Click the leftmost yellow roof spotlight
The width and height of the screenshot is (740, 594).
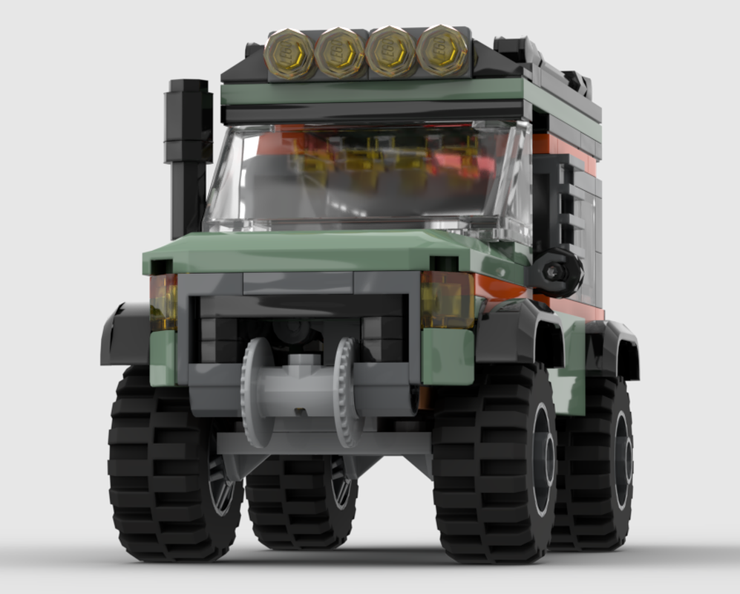point(289,54)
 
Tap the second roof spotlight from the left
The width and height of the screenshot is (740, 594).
point(339,53)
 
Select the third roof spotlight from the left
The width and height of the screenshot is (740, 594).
point(390,52)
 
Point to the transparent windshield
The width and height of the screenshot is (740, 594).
point(364,178)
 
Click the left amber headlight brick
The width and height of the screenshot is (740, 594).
point(163,301)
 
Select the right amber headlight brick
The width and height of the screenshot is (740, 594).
point(447,299)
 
